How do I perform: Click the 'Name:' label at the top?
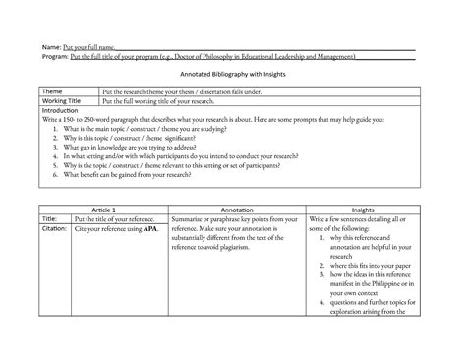(x=50, y=47)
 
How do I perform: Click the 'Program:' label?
(x=54, y=57)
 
